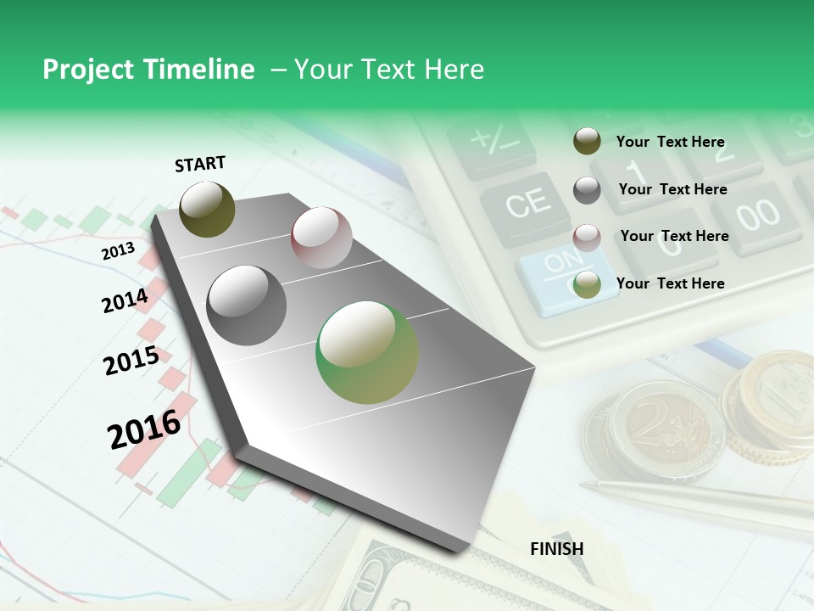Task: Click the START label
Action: pyautogui.click(x=200, y=164)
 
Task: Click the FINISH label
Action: pyautogui.click(x=556, y=549)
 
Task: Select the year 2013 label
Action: pyautogui.click(x=118, y=251)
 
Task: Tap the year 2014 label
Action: pyautogui.click(x=125, y=300)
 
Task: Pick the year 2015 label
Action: pyautogui.click(x=131, y=361)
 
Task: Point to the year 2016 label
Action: pyautogui.click(x=144, y=429)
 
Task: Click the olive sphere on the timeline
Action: pyautogui.click(x=208, y=209)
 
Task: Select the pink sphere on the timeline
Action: pyautogui.click(x=321, y=238)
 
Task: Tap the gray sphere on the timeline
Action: pyautogui.click(x=247, y=305)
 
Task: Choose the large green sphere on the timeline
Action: pyautogui.click(x=367, y=352)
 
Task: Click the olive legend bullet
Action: pyautogui.click(x=587, y=142)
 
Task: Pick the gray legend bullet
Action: pyautogui.click(x=587, y=190)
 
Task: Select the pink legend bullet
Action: pyautogui.click(x=587, y=237)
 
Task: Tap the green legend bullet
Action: pyautogui.click(x=587, y=284)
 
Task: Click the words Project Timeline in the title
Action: pyautogui.click(x=148, y=70)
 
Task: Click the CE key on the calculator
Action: pyautogui.click(x=527, y=204)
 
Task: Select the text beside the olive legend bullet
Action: pyautogui.click(x=670, y=142)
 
